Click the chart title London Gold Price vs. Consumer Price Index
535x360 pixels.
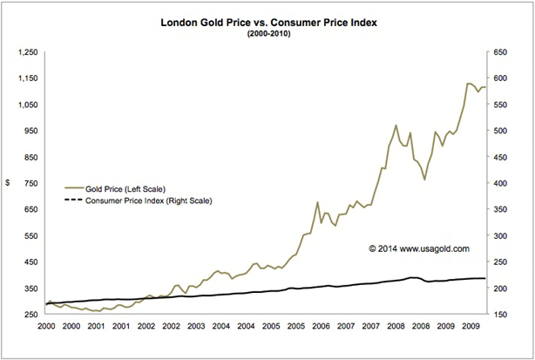(x=267, y=16)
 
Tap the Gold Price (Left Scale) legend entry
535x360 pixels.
(x=125, y=188)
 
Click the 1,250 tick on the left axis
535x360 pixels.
(x=28, y=52)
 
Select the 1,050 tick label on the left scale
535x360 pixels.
(x=28, y=105)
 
